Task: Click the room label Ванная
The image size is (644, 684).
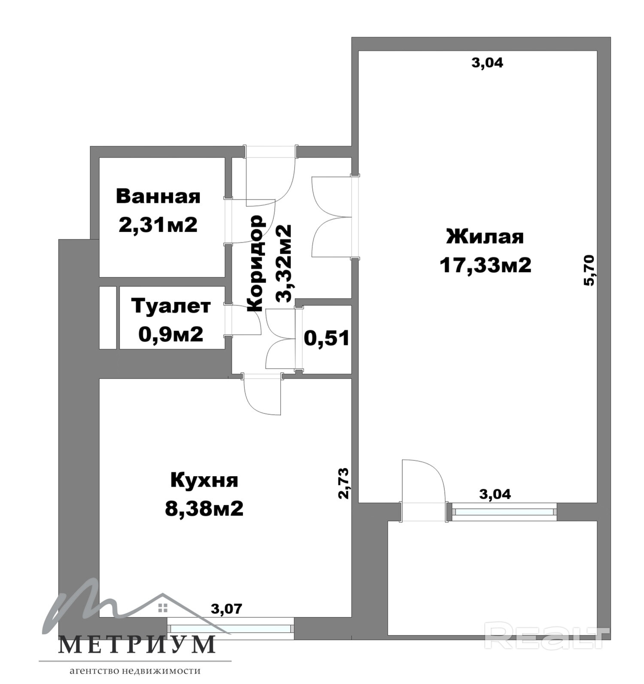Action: (158, 197)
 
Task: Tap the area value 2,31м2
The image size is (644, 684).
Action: (158, 224)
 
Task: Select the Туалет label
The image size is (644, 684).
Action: (171, 306)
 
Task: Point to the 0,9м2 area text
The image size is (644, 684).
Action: (171, 334)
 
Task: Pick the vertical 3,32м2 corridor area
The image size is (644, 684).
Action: (283, 263)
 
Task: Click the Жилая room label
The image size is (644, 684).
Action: (485, 237)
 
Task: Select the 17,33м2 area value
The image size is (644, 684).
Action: (485, 265)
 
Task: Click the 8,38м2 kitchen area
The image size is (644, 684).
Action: (204, 508)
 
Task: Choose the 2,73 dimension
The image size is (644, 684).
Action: (343, 483)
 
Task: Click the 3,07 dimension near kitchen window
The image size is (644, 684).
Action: (227, 608)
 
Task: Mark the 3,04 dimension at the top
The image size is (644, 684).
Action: (487, 63)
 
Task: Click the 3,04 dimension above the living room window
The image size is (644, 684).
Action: (495, 494)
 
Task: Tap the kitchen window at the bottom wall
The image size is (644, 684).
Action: (231, 629)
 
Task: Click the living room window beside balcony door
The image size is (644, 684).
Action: (504, 512)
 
